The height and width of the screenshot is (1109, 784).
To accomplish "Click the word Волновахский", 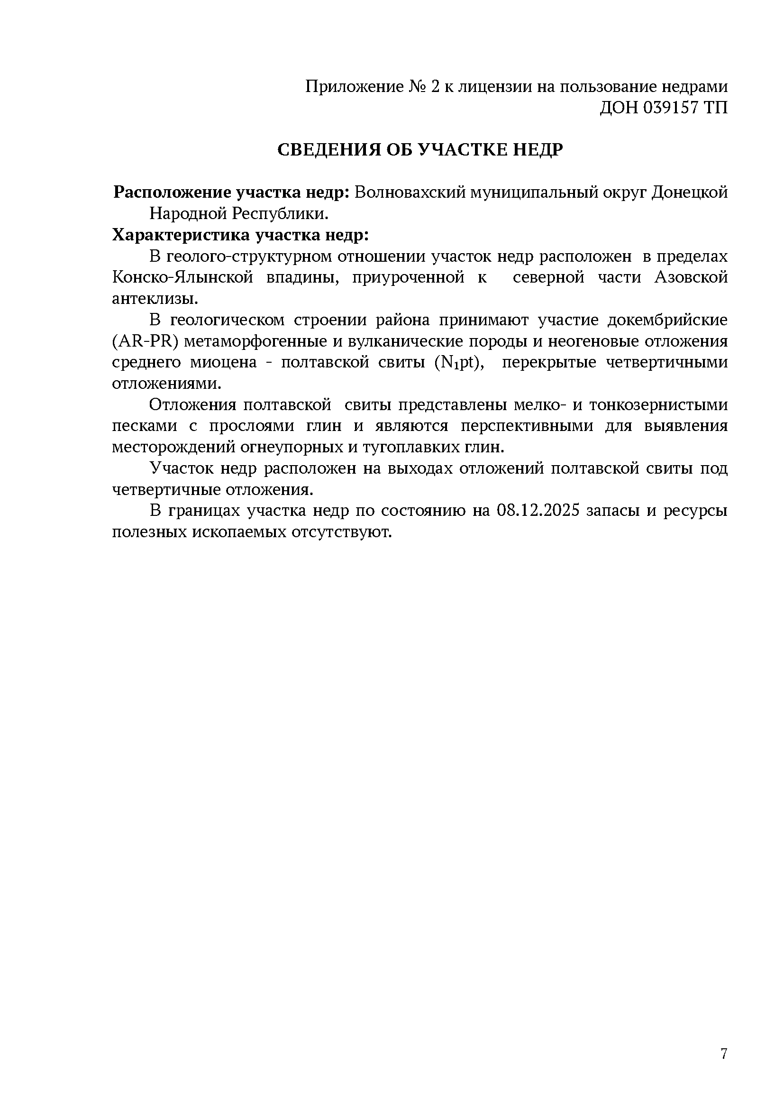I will pyautogui.click(x=409, y=192).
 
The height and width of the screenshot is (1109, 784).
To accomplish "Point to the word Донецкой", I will pyautogui.click(x=689, y=192).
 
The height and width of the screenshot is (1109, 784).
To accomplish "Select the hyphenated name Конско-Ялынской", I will pyautogui.click(x=183, y=278).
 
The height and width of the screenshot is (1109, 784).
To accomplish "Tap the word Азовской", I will pyautogui.click(x=691, y=278).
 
